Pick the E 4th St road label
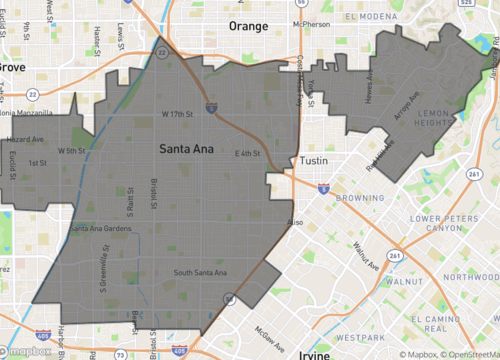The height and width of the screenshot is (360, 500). coord(247,153)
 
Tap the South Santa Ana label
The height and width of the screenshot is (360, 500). coord(200,273)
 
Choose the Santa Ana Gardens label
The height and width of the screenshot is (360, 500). coord(100,229)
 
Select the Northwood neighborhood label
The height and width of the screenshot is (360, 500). coord(472,277)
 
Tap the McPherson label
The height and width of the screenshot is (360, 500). coord(311,23)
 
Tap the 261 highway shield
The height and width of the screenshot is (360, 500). coord(398,257)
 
